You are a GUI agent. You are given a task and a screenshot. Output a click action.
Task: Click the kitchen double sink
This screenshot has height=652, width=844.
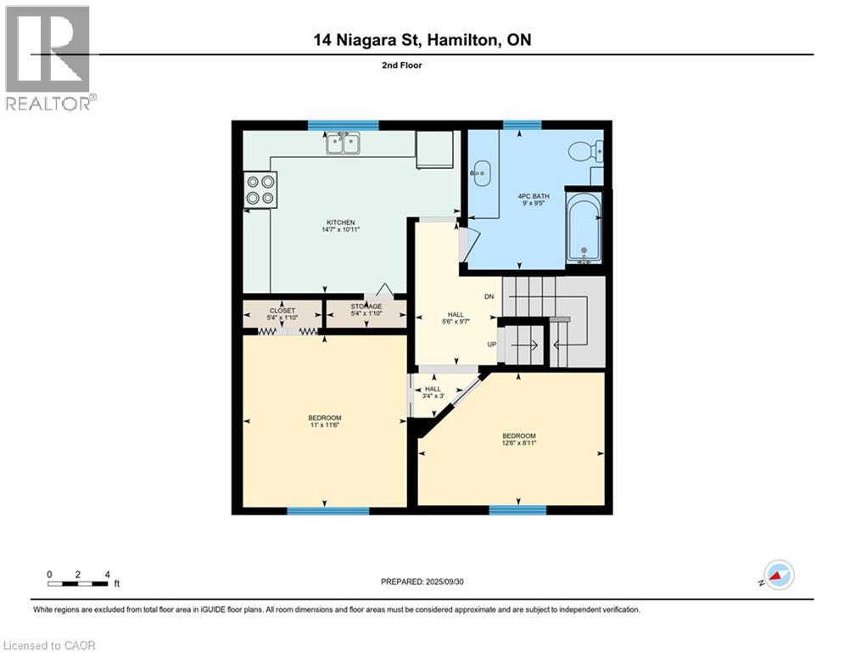coord(344,143)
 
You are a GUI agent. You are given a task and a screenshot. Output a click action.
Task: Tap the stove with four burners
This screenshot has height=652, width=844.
coord(260,189)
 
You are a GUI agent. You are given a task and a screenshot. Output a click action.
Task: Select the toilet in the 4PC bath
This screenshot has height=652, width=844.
coord(584,152)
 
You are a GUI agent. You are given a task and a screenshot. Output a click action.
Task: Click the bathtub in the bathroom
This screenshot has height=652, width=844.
coord(584,228)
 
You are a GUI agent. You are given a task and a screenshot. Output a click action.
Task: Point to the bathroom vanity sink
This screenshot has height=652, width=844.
coord(480,174)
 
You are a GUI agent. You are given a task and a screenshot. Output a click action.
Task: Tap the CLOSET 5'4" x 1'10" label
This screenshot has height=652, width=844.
coord(282,314)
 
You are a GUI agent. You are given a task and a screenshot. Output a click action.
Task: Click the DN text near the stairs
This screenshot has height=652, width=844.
coord(489,297)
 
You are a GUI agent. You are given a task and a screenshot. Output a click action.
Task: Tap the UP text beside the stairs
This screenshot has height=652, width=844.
coord(490,345)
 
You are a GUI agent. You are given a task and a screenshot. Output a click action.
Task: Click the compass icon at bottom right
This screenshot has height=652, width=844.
coord(779,575)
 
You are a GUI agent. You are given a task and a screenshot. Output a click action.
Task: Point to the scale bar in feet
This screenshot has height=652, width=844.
coord(78,582)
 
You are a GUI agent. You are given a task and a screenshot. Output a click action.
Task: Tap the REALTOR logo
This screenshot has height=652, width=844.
coord(48,58)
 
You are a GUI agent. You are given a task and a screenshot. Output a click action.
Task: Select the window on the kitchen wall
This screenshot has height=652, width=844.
coord(331,125)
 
